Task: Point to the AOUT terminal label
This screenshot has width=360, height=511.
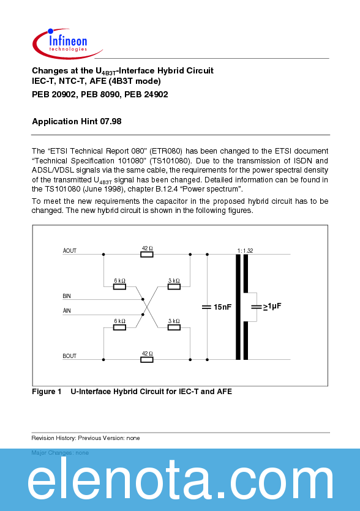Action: pos(70,251)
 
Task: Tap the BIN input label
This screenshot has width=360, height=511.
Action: pos(67,296)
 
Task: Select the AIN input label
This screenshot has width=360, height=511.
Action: pos(67,311)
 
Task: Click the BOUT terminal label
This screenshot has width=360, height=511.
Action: pos(70,356)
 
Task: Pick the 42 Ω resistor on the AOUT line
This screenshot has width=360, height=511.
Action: pos(147,254)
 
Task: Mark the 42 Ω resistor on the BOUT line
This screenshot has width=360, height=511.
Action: pos(147,360)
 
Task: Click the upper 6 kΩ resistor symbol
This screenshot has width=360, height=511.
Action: pos(120,286)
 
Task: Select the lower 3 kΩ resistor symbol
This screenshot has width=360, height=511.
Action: pos(174,327)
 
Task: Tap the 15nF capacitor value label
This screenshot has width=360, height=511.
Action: pos(223,307)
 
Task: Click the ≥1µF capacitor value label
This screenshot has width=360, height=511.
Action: pos(273,307)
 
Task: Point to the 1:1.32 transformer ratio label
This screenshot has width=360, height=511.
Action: pos(245,250)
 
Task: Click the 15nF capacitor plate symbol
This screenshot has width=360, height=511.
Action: pos(206,307)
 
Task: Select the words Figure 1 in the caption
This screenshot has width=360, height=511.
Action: pos(47,392)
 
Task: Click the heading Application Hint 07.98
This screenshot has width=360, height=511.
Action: pos(77,121)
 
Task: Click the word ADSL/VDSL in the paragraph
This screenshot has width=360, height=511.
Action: pos(53,170)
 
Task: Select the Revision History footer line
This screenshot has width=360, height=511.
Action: pos(86,438)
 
